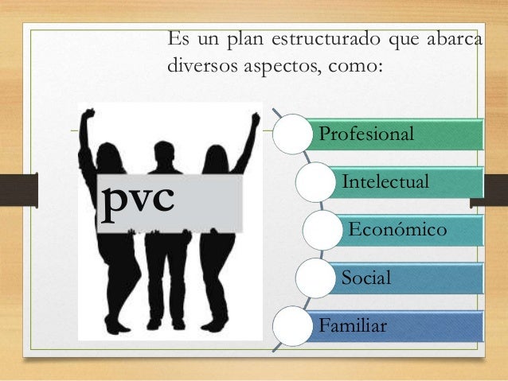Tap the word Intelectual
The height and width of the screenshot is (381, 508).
(x=386, y=183)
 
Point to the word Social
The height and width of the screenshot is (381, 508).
(x=365, y=278)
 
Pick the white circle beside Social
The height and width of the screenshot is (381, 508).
(x=315, y=278)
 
